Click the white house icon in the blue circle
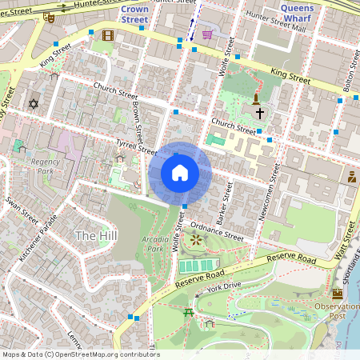point(180,173)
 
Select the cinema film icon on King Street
point(108,35)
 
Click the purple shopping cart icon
point(207,34)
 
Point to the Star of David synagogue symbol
point(33,104)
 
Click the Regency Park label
point(46,166)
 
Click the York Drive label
point(223,286)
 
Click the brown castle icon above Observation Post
point(337,294)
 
